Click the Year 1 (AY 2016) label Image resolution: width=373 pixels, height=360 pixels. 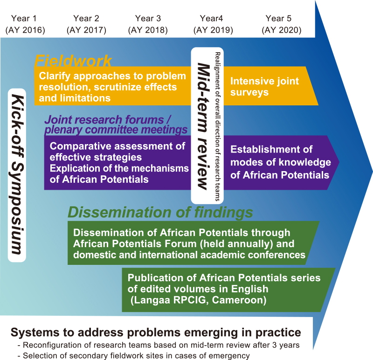coord(25,24)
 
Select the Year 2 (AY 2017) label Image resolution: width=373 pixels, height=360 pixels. coord(86,24)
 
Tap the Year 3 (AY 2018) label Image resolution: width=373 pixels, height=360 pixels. coord(148,24)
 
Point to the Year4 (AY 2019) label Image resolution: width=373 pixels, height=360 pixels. coord(213,24)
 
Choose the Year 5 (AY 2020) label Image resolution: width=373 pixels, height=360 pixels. coord(282,24)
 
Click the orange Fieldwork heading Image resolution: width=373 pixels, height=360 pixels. coord(73,61)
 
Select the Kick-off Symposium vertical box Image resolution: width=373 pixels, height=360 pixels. coord(17,175)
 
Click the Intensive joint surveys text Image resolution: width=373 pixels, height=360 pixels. coord(264,86)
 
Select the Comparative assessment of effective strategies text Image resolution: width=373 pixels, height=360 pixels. coord(117,152)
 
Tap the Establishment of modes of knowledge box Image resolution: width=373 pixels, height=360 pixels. coord(281,162)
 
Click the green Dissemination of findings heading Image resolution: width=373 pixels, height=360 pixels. coord(160,212)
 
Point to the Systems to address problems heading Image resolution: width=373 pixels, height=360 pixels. coord(156,332)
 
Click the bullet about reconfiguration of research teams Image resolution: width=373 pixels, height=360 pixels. coord(159,345)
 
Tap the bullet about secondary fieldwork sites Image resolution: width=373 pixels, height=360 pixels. coord(134,356)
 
